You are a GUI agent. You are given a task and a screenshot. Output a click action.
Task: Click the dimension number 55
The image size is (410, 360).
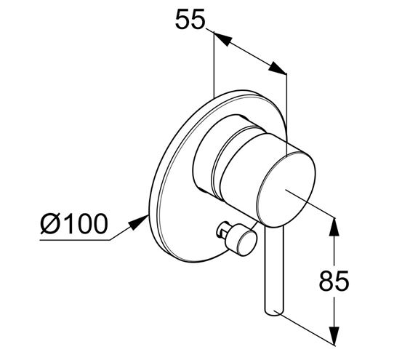click(190, 20)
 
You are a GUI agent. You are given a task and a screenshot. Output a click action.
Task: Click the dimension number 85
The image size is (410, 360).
click(334, 281)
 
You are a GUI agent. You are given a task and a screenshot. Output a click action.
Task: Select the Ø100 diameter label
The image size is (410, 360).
click(74, 224)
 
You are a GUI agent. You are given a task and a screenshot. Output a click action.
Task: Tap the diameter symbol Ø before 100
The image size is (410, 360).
click(50, 224)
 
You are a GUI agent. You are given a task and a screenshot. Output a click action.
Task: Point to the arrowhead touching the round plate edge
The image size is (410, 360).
click(139, 223)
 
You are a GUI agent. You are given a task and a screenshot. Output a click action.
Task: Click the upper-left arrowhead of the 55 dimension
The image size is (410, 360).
click(222, 39)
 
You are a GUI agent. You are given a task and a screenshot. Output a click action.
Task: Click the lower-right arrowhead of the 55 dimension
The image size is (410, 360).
click(278, 68)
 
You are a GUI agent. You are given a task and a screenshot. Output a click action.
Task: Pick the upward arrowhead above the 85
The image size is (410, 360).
click(334, 226)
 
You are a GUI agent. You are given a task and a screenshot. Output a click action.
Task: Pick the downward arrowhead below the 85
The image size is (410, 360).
click(334, 336)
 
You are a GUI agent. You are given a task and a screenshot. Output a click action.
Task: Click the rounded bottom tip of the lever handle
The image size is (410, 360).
click(274, 313)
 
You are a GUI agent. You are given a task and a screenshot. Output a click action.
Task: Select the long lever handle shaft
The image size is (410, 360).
click(274, 270)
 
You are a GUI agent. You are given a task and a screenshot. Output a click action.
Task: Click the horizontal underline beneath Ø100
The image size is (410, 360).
click(75, 240)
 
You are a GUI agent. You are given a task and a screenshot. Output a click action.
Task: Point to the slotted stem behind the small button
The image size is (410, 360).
click(222, 229)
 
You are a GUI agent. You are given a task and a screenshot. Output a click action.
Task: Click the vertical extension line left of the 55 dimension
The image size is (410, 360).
click(214, 65)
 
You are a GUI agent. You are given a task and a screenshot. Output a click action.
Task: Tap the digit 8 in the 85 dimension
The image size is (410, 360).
click(326, 281)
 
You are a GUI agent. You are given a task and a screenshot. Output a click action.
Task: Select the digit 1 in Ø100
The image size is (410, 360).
click(68, 224)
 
